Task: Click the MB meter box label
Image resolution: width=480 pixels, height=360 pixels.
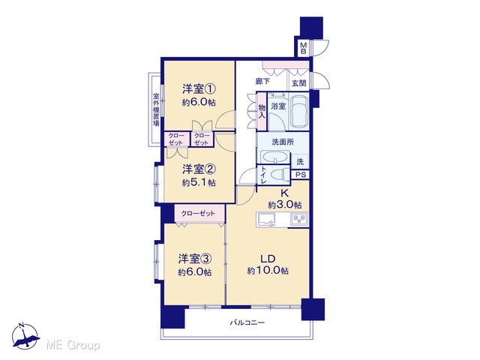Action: coord(303,48)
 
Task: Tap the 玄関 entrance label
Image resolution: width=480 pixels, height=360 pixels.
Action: coord(298,83)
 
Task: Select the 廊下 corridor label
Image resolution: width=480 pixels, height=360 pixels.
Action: coord(262,82)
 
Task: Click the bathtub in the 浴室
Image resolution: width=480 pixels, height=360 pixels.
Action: coord(298,112)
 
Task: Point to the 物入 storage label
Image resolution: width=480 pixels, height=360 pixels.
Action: coord(262,112)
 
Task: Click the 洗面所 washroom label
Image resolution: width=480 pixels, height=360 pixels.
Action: coord(283,142)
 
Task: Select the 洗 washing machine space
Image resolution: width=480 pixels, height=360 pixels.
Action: coord(300,161)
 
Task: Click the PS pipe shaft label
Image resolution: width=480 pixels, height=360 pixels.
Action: coord(301,175)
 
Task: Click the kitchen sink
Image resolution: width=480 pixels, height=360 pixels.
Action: coord(266,220)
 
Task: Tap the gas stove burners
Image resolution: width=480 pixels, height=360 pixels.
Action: coord(299,219)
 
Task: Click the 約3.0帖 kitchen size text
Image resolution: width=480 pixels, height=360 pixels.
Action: coord(285,205)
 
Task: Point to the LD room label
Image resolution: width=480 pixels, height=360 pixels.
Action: coord(268,259)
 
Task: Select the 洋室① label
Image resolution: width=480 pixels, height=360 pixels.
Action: coord(199,89)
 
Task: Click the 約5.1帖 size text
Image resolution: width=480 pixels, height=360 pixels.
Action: coord(199,183)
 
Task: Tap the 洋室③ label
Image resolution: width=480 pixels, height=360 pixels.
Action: coord(195,259)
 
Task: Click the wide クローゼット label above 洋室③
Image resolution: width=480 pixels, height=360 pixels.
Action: coord(198,213)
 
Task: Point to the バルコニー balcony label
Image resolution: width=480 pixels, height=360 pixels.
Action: coord(247,322)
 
